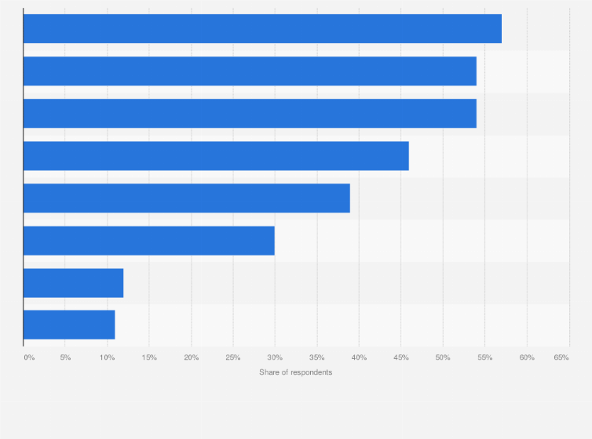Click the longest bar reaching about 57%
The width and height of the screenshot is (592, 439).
pyautogui.click(x=262, y=29)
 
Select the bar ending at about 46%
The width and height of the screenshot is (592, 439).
pyautogui.click(x=216, y=156)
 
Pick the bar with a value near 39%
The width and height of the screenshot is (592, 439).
pyautogui.click(x=186, y=198)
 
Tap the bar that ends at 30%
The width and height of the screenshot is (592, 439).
pyautogui.click(x=149, y=241)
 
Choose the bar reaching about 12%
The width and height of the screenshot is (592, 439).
pyautogui.click(x=73, y=283)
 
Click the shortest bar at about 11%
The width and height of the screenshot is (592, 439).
pyautogui.click(x=69, y=325)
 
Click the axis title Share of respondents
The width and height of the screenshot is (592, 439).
pyautogui.click(x=296, y=372)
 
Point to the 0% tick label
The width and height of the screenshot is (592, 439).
pyautogui.click(x=29, y=357)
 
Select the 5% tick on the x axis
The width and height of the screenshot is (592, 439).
pyautogui.click(x=65, y=357)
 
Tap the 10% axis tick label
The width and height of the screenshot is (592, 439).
pyautogui.click(x=107, y=357)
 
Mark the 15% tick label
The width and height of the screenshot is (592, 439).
pyautogui.click(x=149, y=357)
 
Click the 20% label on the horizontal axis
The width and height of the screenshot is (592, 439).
pyautogui.click(x=191, y=357)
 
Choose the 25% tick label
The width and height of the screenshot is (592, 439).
pyautogui.click(x=233, y=357)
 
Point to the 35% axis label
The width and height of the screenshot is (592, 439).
pyautogui.click(x=317, y=357)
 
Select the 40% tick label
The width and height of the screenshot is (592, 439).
pyautogui.click(x=359, y=357)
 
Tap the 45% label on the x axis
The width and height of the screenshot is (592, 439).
pyautogui.click(x=401, y=357)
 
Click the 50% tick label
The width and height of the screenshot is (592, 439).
pyautogui.click(x=443, y=357)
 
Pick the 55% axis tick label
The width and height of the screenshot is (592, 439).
pyautogui.click(x=485, y=357)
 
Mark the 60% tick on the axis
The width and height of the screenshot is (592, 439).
pyautogui.click(x=527, y=357)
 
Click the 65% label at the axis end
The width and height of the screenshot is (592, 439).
pyautogui.click(x=561, y=357)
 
